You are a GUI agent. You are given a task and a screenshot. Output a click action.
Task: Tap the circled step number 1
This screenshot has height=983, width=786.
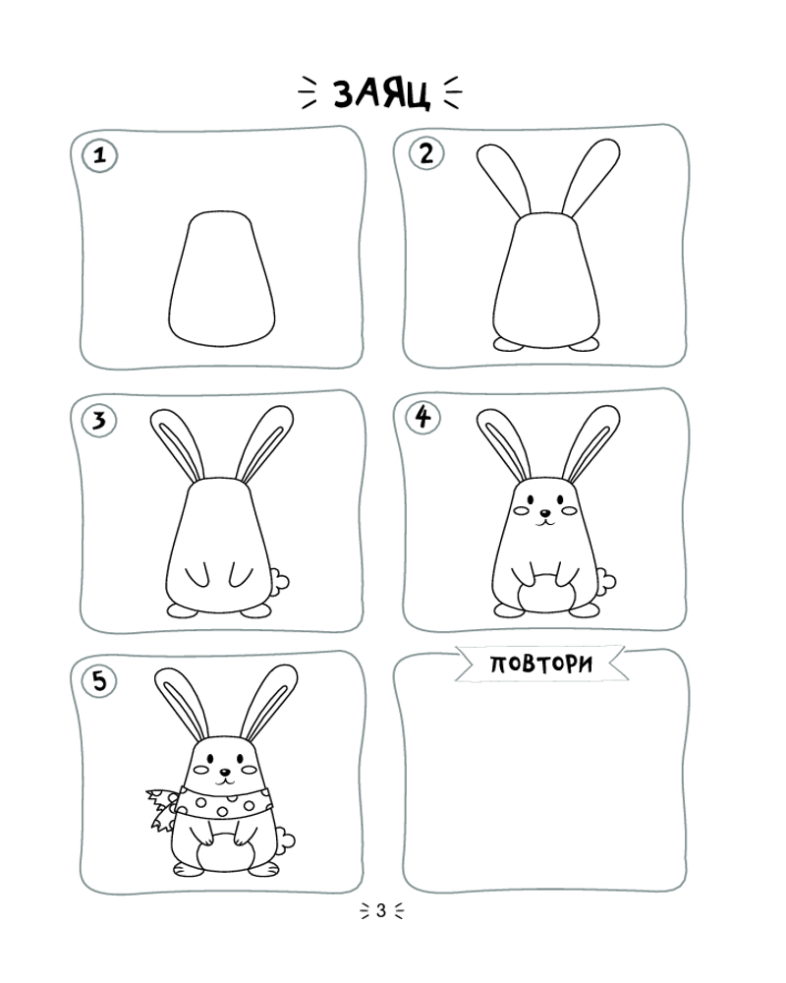point(99,155)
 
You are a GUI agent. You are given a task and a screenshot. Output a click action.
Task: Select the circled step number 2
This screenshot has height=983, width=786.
point(426,153)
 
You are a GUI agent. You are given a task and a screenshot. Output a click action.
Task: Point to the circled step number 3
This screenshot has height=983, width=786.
point(99,420)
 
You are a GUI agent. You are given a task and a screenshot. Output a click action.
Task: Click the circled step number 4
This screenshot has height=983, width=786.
point(423,417)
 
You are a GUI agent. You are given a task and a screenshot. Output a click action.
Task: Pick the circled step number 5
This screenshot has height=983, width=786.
point(99,681)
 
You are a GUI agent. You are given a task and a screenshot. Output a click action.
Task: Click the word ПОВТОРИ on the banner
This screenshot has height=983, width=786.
point(541,664)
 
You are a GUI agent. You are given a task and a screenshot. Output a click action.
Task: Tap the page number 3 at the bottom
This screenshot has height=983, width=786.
point(381,911)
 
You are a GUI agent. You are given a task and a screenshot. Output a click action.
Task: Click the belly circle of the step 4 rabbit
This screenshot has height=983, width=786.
point(546,593)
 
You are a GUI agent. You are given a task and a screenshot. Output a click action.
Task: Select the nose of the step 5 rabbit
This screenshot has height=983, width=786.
point(224,773)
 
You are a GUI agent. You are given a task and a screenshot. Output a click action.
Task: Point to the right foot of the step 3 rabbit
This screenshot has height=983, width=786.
point(256,610)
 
